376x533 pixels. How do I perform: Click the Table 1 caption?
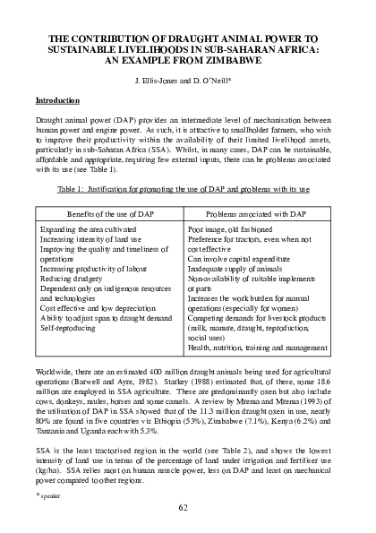tap(188, 191)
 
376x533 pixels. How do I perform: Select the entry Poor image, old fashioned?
tap(234, 230)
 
